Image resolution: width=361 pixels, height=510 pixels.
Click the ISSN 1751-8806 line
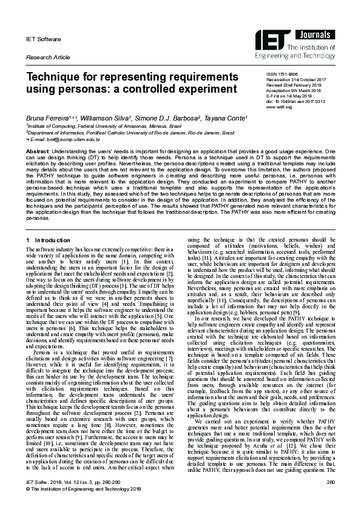[283, 73]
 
